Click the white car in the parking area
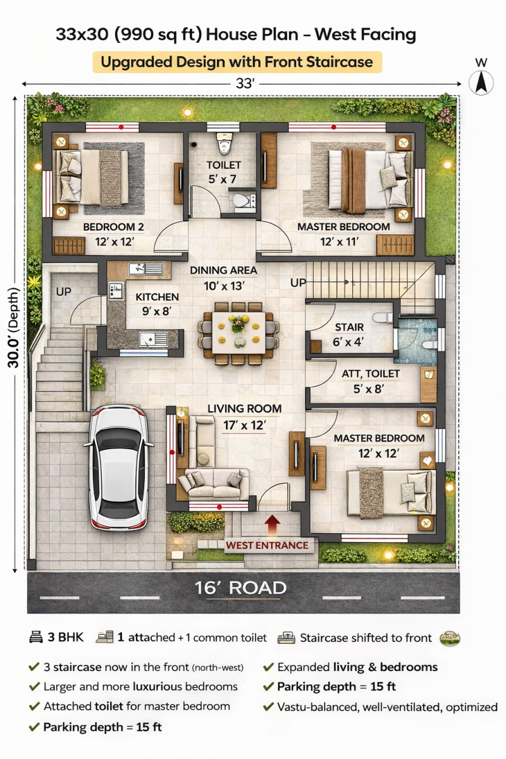tap(118, 468)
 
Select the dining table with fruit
tap(238, 333)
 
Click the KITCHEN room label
tap(157, 297)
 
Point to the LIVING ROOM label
tap(244, 409)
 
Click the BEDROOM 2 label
tap(114, 226)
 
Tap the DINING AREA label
tap(223, 271)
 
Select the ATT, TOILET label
tap(371, 374)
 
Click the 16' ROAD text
tap(240, 588)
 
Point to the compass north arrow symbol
tap(481, 83)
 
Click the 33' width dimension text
tap(245, 83)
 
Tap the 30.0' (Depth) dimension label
tap(13, 328)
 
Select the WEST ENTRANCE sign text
tap(267, 545)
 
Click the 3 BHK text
tap(65, 638)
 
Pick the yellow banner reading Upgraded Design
tap(237, 62)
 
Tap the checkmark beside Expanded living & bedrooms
tap(268, 667)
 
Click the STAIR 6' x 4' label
tap(349, 335)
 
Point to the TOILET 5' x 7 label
tap(223, 172)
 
